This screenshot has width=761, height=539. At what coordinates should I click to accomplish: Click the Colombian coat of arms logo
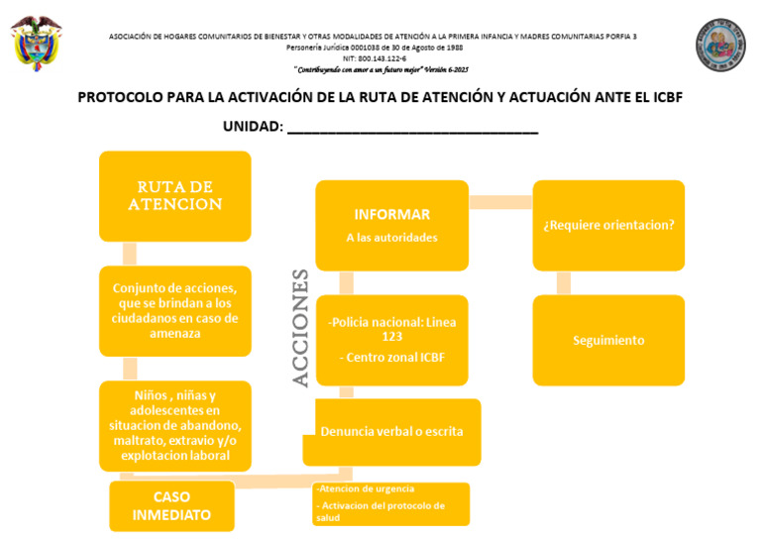coord(37,43)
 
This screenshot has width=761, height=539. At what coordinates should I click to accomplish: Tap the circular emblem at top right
coord(720,45)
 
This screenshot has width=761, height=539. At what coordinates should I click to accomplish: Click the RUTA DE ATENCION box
coord(174,196)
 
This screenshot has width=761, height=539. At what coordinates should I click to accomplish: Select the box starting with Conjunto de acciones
coord(174,310)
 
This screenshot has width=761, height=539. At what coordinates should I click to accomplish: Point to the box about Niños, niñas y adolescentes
coord(174,425)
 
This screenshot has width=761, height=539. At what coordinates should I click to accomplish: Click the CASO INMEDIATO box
coord(171,505)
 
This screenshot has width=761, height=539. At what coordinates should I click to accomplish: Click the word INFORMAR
coord(391,214)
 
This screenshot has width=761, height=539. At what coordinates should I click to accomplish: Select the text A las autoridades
coord(391,238)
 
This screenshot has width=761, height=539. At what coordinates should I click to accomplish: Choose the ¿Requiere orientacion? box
coord(608,225)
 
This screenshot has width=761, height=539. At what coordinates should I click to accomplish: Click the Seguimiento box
coord(608,340)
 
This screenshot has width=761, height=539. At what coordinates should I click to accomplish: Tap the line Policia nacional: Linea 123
coord(391,329)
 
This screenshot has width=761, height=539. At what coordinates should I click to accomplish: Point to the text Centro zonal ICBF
coord(391,357)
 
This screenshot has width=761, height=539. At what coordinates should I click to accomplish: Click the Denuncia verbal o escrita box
coord(391,431)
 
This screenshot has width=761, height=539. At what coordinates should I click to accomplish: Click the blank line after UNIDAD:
coord(412,128)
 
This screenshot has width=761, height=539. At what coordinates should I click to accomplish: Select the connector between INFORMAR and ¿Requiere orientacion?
coord(500,202)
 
